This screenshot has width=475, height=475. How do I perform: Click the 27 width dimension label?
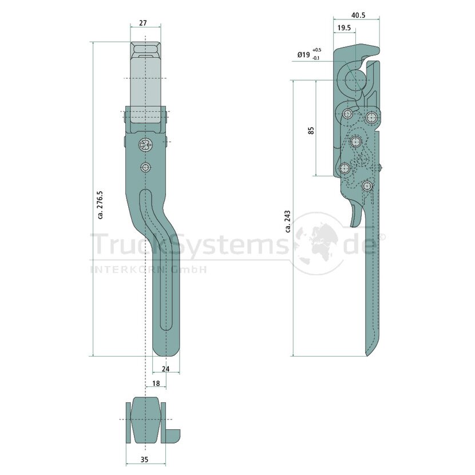[x=143, y=23]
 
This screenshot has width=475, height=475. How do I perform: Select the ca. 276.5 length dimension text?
[x=101, y=205]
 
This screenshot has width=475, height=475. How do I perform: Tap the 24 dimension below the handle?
[x=166, y=369]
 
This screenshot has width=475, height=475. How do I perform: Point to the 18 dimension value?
[x=156, y=383]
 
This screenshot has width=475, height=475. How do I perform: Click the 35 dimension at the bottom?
[x=145, y=459]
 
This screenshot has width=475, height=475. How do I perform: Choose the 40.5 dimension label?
[x=358, y=15]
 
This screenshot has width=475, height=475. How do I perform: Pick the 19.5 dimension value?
[x=344, y=28]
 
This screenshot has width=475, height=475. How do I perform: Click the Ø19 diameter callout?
[x=303, y=54]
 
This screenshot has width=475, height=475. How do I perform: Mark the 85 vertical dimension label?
[x=311, y=130]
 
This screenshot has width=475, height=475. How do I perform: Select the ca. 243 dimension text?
[x=288, y=221]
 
